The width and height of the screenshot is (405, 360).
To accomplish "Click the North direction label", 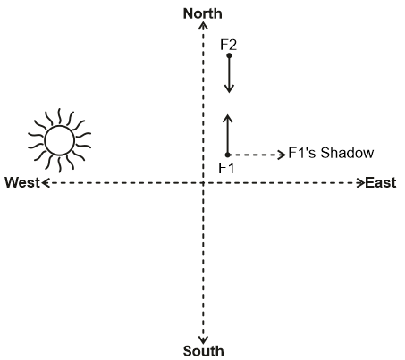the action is point(203,13).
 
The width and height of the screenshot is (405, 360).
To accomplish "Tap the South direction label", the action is point(203,351).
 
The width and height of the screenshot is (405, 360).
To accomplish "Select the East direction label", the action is point(381,182).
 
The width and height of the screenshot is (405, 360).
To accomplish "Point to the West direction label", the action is point(22,182).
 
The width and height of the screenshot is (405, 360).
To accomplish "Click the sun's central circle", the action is point(59,140).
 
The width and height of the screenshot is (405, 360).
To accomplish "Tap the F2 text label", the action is point(229,45).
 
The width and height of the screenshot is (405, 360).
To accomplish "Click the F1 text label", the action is point(226,168).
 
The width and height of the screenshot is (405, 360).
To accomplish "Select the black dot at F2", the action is point(229,55).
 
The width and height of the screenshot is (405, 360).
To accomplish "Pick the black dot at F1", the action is point(228,155).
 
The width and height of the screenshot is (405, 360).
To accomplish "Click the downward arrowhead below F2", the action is point(229,88).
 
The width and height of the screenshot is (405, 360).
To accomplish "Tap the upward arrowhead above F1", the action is point(228,118).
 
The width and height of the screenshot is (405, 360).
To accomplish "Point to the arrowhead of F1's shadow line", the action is point(282,155).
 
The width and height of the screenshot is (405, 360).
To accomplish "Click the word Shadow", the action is point(347,153).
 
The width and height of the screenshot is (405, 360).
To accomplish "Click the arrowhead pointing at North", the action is point(203,26).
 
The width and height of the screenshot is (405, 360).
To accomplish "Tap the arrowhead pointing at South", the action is point(203,339).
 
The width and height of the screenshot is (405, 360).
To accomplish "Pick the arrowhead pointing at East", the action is point(360,183).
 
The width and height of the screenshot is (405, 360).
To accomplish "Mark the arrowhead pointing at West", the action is point(46,183).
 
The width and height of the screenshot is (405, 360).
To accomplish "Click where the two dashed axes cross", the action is point(203,183).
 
